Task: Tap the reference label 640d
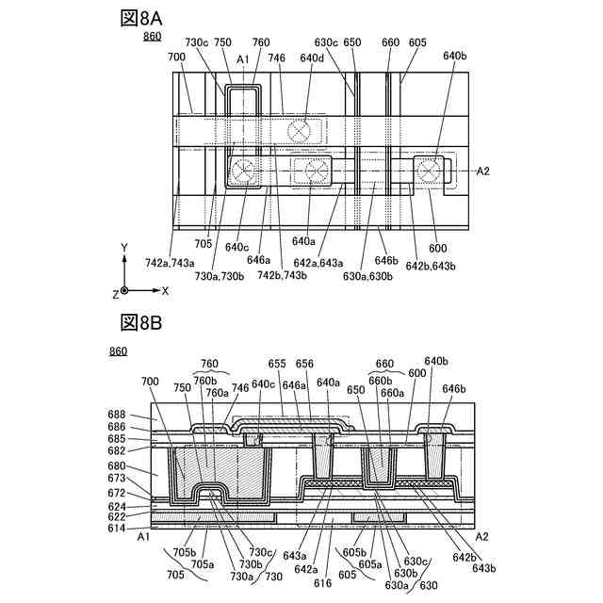(311, 58)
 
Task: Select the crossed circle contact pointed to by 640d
(302, 132)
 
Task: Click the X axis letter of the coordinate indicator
(165, 291)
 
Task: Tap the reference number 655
(277, 362)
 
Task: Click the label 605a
(370, 564)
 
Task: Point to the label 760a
(217, 393)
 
